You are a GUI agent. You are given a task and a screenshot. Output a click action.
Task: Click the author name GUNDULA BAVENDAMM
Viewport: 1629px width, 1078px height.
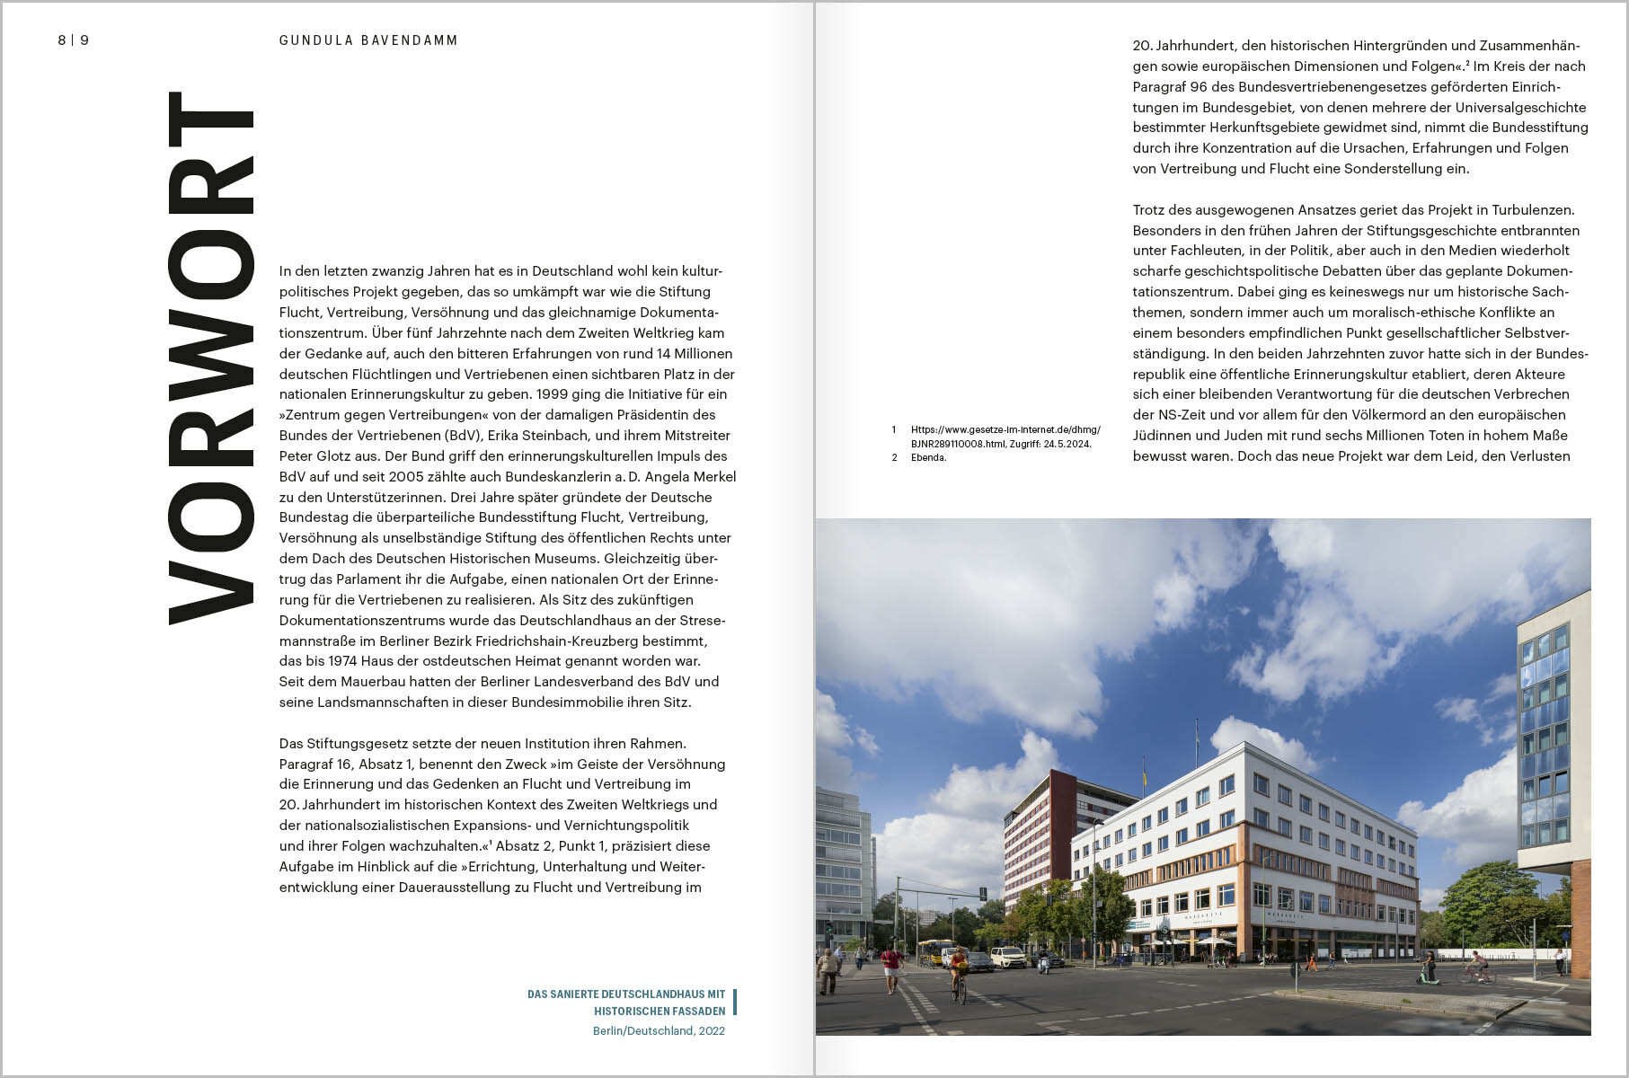pyautogui.click(x=368, y=40)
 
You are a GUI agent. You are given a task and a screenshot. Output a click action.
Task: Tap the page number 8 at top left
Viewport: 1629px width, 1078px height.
pyautogui.click(x=62, y=40)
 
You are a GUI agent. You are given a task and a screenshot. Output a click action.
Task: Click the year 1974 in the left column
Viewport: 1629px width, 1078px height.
pyautogui.click(x=343, y=661)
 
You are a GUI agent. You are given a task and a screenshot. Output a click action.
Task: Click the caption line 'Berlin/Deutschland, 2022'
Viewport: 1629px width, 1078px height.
pyautogui.click(x=659, y=1031)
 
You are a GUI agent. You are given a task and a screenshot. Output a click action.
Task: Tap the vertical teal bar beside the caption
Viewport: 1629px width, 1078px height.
pyautogui.click(x=735, y=1003)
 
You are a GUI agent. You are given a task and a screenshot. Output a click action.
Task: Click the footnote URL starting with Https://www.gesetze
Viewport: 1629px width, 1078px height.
pyautogui.click(x=1005, y=429)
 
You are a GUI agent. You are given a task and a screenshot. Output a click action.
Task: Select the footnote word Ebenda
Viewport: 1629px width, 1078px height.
pyautogui.click(x=928, y=457)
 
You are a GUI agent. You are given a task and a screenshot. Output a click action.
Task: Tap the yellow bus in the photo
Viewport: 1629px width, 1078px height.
pyautogui.click(x=934, y=950)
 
